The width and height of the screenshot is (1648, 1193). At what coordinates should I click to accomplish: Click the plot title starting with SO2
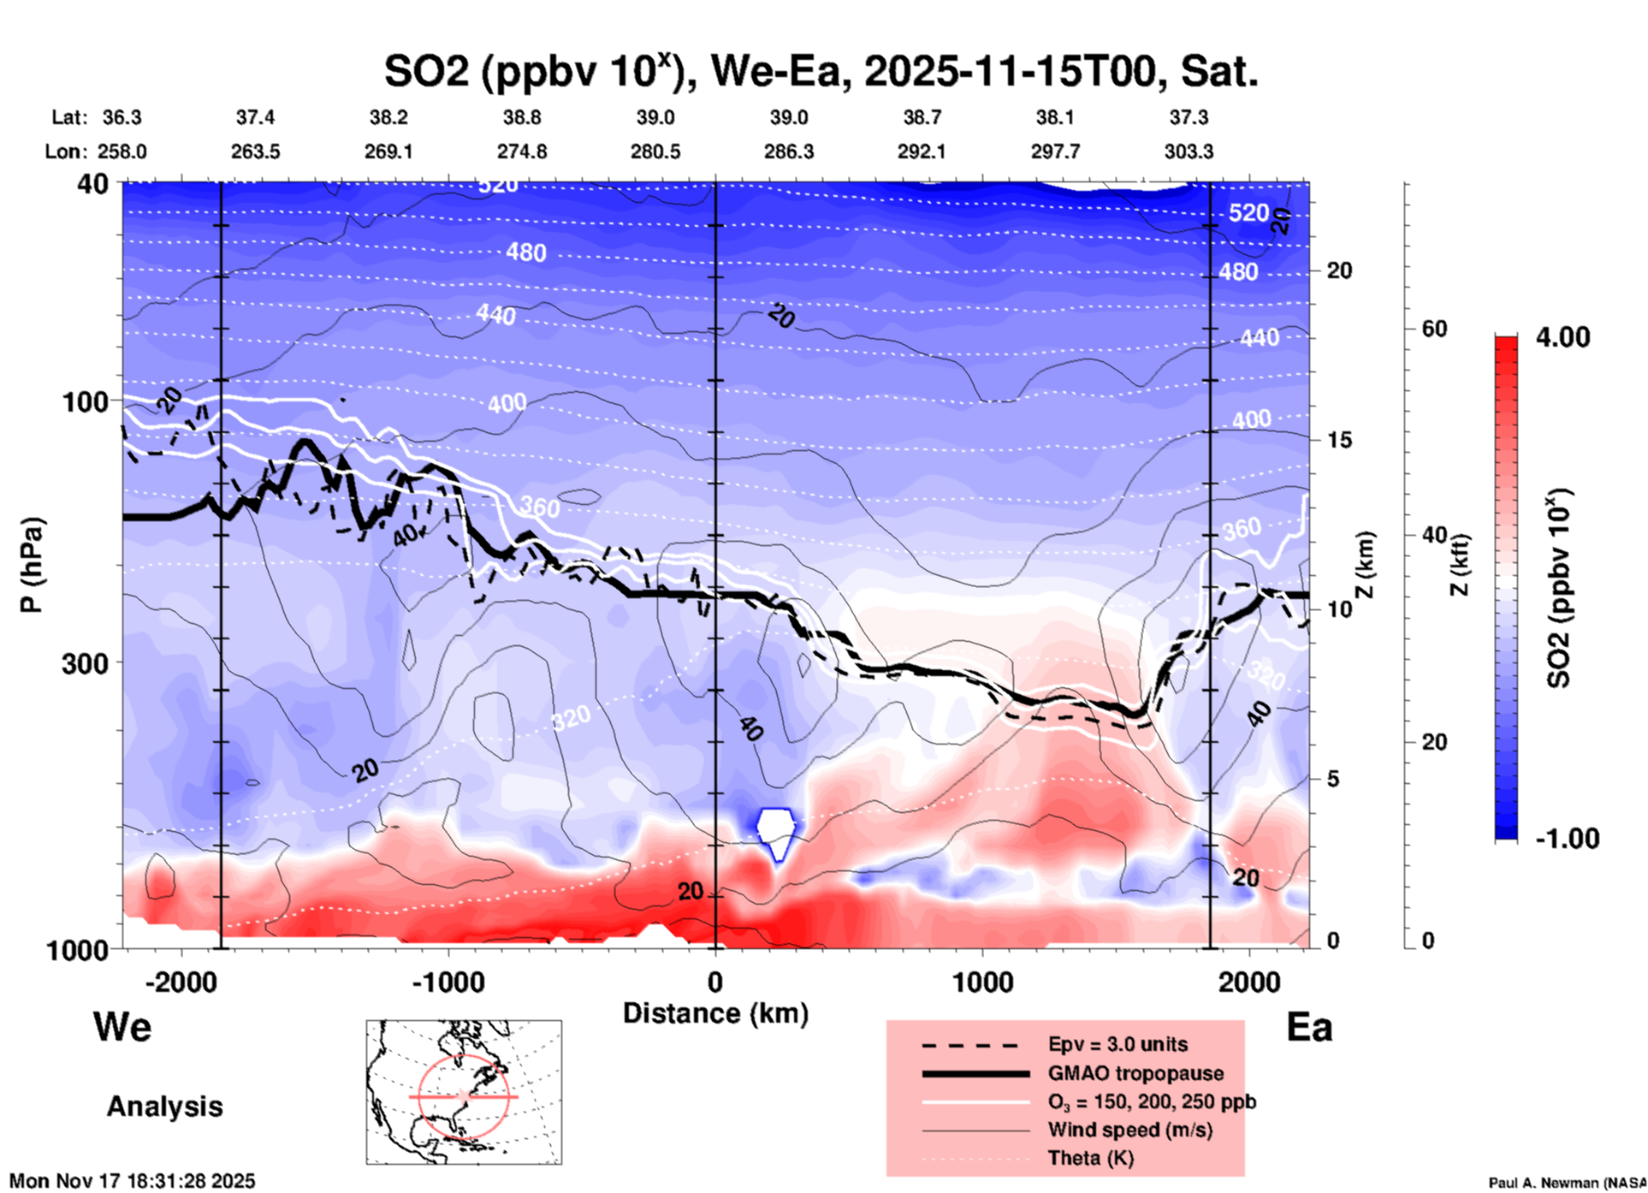point(821,72)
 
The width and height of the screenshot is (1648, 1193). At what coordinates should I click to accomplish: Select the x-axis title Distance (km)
point(715,1013)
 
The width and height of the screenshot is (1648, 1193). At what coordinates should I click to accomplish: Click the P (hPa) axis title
point(32,564)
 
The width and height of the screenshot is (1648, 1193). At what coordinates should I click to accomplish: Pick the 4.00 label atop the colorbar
point(1562,337)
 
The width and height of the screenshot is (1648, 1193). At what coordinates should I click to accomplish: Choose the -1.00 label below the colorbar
point(1566,839)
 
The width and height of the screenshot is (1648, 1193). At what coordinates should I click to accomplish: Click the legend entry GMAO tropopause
point(1135,1073)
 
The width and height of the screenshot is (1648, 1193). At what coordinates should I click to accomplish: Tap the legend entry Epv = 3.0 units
point(1117,1044)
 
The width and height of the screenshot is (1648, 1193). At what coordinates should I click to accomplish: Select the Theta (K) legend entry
point(1091,1158)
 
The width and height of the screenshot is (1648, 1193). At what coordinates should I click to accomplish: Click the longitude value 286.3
point(789,151)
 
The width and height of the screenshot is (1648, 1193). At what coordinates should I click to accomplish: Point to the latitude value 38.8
point(522,117)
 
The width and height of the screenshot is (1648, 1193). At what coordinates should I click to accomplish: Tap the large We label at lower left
point(122,1027)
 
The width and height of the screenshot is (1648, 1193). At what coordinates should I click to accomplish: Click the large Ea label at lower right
point(1309,1027)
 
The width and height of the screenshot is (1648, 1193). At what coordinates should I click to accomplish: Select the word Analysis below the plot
point(164,1107)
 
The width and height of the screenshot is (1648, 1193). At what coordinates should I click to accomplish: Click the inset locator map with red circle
point(464,1091)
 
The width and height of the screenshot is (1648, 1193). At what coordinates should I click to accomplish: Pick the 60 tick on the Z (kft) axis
point(1434,329)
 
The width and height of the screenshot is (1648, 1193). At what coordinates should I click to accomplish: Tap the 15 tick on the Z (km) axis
point(1338,440)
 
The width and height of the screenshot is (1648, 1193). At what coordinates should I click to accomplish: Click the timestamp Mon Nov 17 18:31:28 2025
point(133,1181)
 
